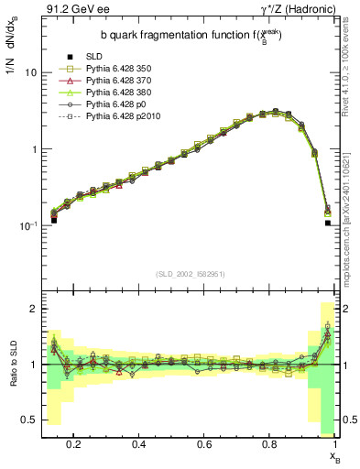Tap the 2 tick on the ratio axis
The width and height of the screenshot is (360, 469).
coord(33,310)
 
